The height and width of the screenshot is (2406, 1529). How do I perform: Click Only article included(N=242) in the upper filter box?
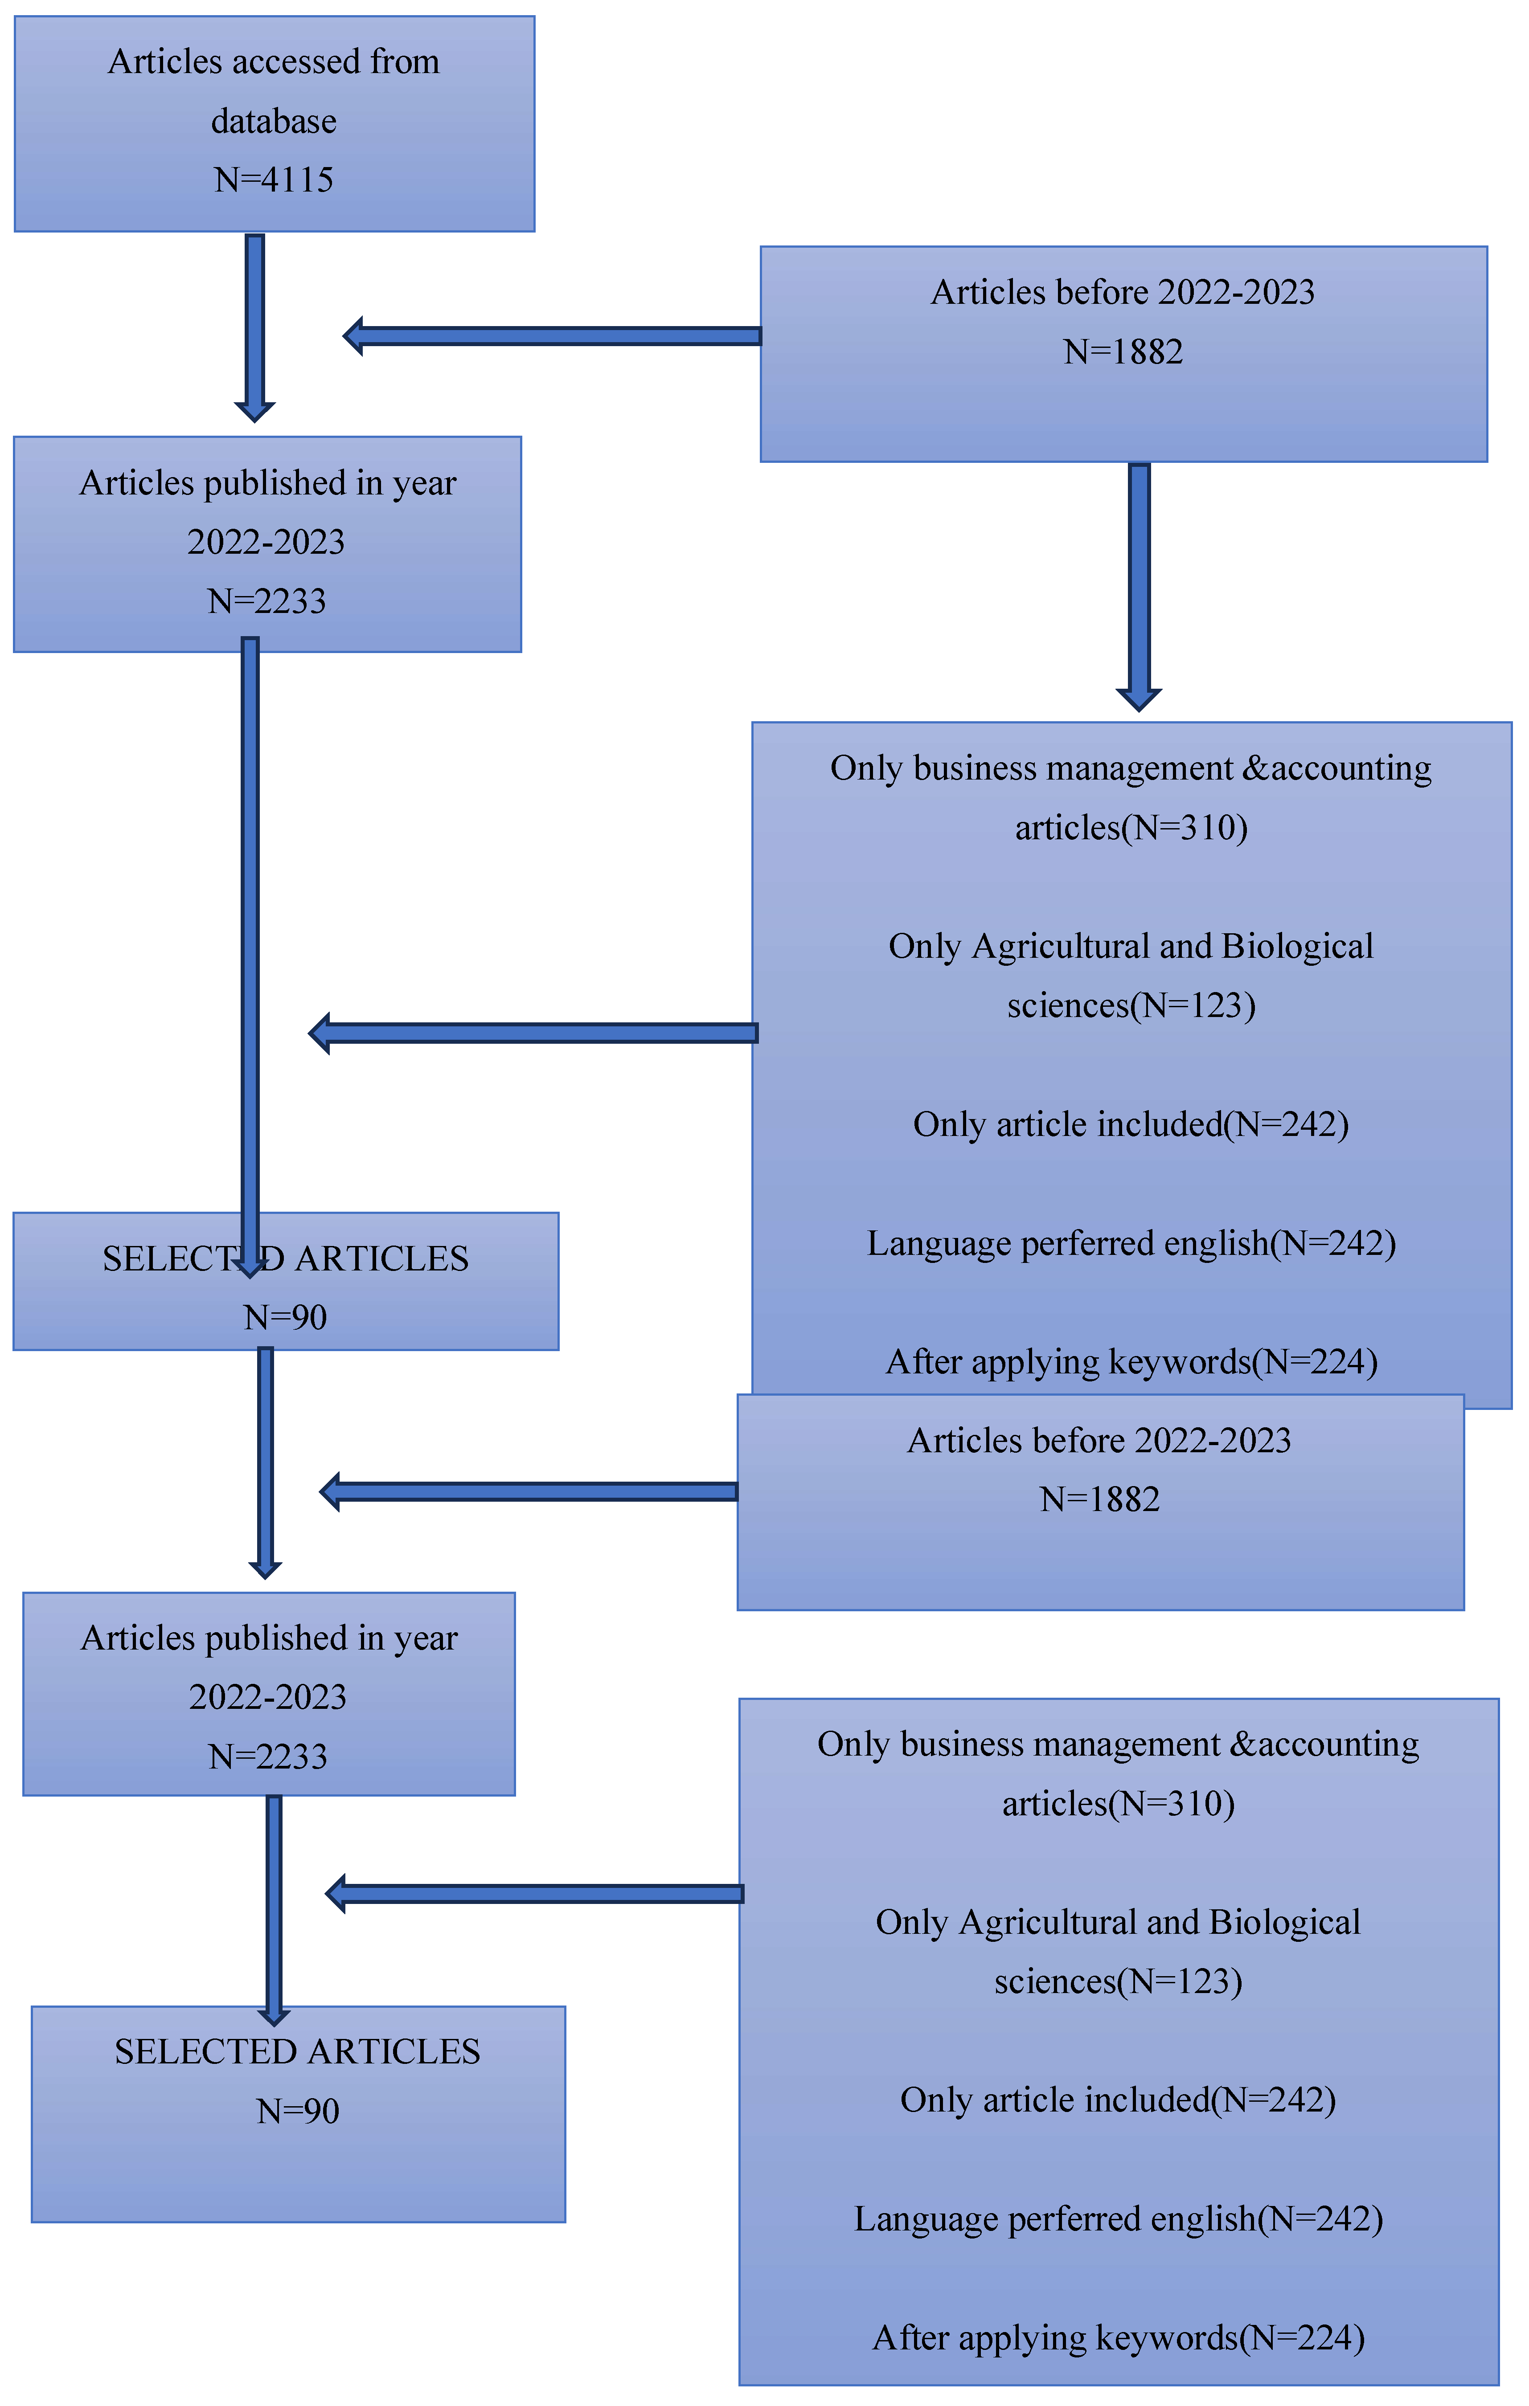1130,1124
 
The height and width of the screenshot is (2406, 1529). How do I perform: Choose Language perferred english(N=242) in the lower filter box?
1118,2218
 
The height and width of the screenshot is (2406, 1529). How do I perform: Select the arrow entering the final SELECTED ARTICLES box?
274,1908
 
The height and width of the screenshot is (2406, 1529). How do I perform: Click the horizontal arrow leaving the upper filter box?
535,1033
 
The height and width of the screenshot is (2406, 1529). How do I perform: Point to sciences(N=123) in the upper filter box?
1130,1005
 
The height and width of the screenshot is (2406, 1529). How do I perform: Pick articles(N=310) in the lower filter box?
1118,1804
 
